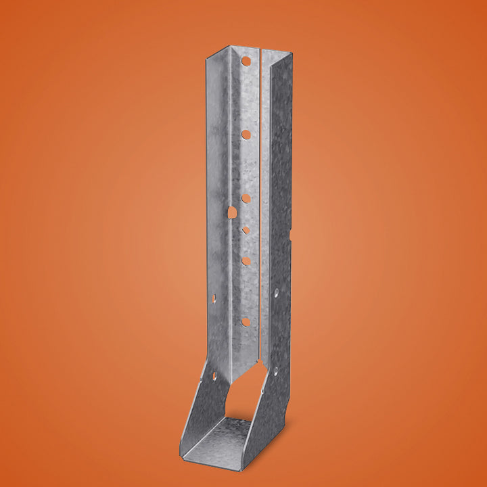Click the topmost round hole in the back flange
[x=246, y=62]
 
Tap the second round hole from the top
[x=246, y=135]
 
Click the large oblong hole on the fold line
[x=232, y=212]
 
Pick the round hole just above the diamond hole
[x=246, y=199]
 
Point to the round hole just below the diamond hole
[x=246, y=260]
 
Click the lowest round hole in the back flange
[x=246, y=322]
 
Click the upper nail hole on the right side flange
[x=276, y=293]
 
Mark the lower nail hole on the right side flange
[x=275, y=369]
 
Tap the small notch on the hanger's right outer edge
[x=291, y=235]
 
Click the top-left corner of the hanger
[x=205, y=59]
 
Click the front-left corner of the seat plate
[x=182, y=454]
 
